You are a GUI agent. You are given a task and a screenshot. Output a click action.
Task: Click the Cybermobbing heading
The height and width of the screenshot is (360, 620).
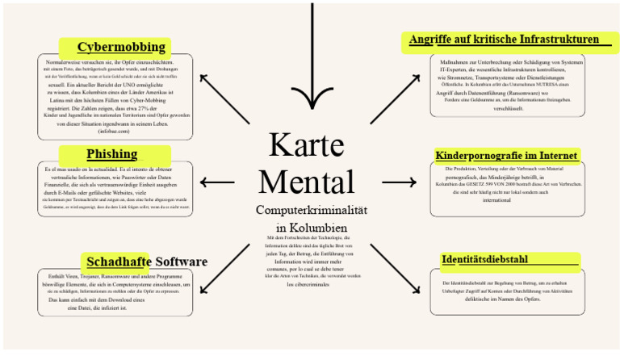121,46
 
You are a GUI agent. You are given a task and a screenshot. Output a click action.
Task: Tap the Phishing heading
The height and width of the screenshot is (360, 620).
111,153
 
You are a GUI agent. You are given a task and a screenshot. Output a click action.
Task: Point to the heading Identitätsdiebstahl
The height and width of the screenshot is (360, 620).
484,259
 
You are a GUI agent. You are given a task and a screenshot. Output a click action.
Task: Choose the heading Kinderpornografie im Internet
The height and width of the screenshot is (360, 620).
505,155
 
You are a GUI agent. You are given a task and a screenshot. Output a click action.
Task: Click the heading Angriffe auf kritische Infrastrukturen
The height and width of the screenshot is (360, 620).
504,39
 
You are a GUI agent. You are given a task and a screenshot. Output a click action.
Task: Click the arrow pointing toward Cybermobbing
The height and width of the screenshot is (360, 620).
224,98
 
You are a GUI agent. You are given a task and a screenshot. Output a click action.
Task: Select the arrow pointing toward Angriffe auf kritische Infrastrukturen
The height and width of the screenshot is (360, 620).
396,98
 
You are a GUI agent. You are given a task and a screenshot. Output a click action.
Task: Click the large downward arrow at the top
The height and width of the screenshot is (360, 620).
312,65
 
